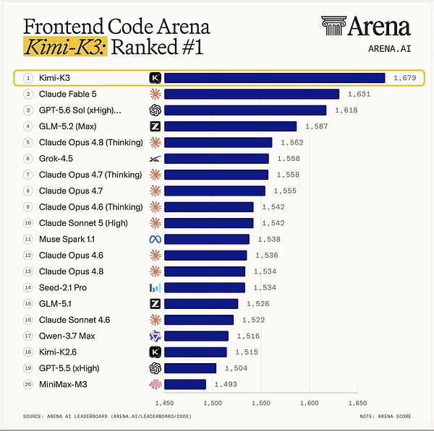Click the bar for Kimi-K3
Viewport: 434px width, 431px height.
pyautogui.click(x=275, y=78)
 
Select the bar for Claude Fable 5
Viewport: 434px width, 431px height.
pyautogui.click(x=252, y=94)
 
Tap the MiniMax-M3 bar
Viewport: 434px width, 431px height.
pyautogui.click(x=185, y=384)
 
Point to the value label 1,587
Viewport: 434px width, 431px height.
pyautogui.click(x=316, y=126)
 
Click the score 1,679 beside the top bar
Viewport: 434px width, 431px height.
pyautogui.click(x=404, y=78)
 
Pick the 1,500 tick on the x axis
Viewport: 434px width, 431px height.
pyautogui.click(x=213, y=403)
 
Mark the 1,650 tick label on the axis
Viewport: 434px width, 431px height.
pyautogui.click(x=357, y=403)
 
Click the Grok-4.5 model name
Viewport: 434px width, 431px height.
pyautogui.click(x=56, y=159)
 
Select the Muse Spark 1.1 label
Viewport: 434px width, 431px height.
pyautogui.click(x=67, y=239)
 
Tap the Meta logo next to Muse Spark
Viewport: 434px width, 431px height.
pyautogui.click(x=155, y=239)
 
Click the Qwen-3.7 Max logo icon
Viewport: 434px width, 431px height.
pyautogui.click(x=155, y=336)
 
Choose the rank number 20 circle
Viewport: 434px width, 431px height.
pyautogui.click(x=28, y=384)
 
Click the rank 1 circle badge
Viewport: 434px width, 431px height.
pyautogui.click(x=28, y=78)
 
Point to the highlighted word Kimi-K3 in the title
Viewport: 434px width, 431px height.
pyautogui.click(x=65, y=46)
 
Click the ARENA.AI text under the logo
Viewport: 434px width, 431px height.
pyautogui.click(x=389, y=49)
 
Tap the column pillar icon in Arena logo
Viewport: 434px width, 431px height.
pyautogui.click(x=333, y=26)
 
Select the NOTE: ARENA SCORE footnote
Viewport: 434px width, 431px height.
pyautogui.click(x=386, y=417)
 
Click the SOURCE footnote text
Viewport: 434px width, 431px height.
pyautogui.click(x=107, y=417)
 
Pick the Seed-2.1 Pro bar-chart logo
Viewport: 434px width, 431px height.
pyautogui.click(x=155, y=287)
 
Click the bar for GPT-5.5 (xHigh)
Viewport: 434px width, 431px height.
pyautogui.click(x=190, y=368)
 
